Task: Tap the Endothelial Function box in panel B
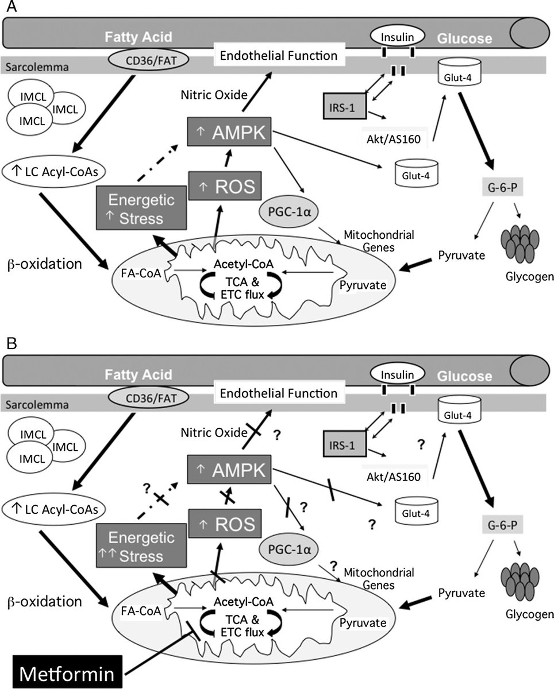(275, 394)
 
